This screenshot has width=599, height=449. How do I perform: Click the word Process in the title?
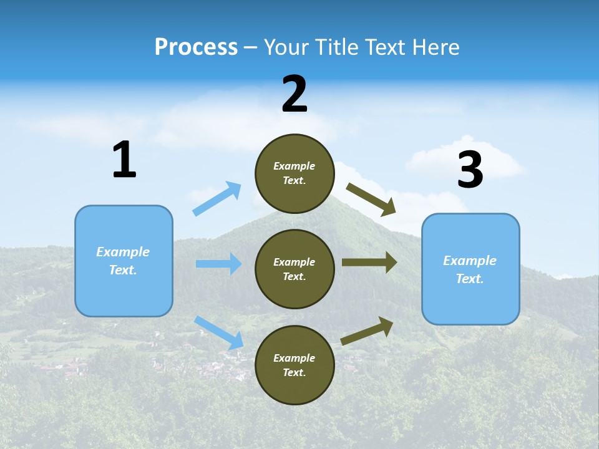coord(196,47)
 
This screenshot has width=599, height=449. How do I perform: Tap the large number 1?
coord(124,160)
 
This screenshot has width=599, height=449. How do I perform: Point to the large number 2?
coord(295,94)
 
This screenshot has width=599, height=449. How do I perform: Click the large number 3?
coord(470,170)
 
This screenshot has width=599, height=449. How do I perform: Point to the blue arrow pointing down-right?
coord(219,332)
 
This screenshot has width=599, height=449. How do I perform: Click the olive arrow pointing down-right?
coord(371,199)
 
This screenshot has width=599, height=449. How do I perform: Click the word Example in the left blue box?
coord(123,252)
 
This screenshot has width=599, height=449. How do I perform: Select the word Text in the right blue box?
coord(469,279)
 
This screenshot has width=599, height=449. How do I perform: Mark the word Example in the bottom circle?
coord(294,358)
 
